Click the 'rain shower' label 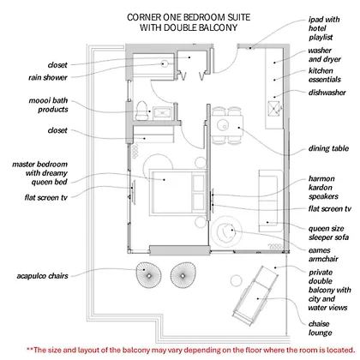(x=48, y=77)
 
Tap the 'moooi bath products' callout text (x=49, y=105)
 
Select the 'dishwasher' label (x=327, y=93)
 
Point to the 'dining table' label (x=328, y=148)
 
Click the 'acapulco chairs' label (x=43, y=276)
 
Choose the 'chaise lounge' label (x=320, y=328)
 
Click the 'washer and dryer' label (x=324, y=55)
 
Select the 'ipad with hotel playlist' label (x=324, y=28)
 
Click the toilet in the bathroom (x=141, y=111)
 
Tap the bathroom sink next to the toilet (x=162, y=113)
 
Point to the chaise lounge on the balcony (x=255, y=296)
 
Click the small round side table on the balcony (x=236, y=280)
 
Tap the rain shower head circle (x=165, y=63)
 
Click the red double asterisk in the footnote (x=30, y=349)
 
